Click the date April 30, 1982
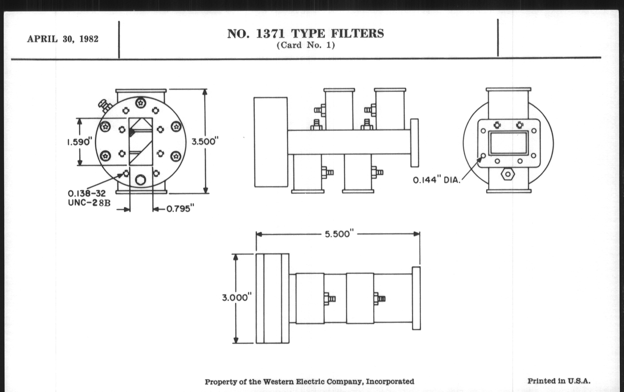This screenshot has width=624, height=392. [63, 39]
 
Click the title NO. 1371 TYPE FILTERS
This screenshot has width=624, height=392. [306, 34]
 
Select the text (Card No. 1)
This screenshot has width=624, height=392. [306, 45]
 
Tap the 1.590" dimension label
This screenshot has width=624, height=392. [80, 142]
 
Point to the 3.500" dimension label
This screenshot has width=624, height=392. [205, 141]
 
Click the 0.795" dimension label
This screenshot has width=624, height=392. [180, 209]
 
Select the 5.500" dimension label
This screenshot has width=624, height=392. [339, 234]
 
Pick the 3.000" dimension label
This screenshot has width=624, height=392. [237, 297]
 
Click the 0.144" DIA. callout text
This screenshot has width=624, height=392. [437, 180]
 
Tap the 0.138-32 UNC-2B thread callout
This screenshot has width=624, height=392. [89, 198]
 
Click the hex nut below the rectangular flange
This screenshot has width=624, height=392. [508, 174]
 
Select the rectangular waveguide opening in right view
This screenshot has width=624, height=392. [508, 143]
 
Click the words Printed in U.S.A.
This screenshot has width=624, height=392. [559, 381]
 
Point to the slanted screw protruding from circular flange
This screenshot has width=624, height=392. [105, 105]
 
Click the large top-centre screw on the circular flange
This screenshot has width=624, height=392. [140, 103]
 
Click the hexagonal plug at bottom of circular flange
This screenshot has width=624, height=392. [140, 180]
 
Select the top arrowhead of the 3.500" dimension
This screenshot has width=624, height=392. [205, 92]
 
